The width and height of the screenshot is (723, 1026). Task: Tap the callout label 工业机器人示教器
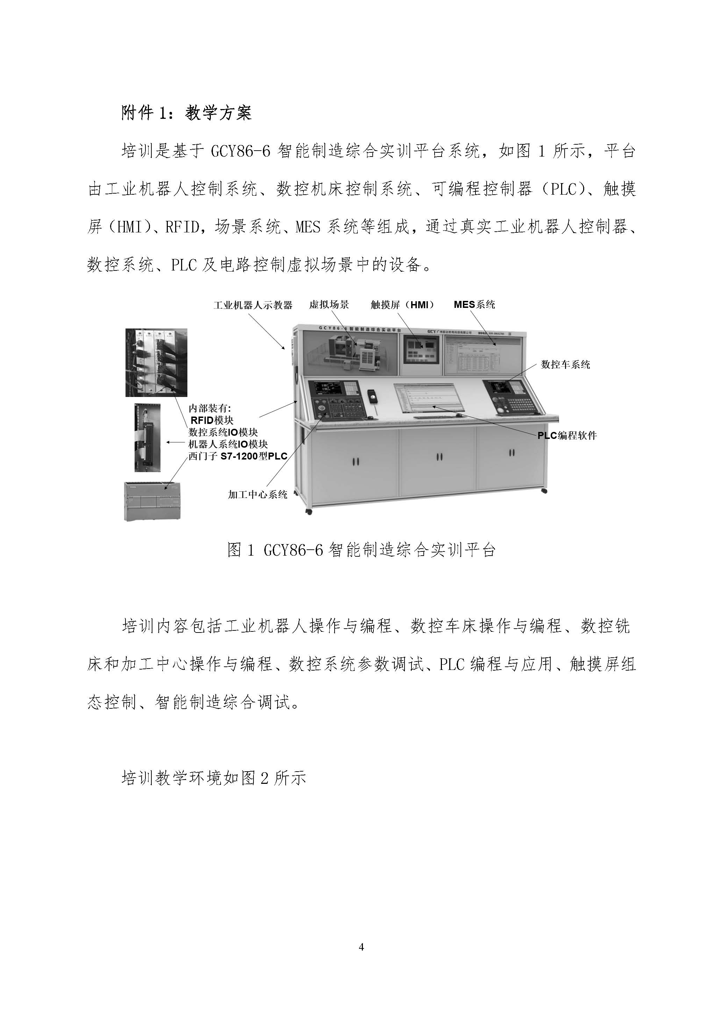253,305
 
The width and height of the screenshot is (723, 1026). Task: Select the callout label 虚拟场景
329,305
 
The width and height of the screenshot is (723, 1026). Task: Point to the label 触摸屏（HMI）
402,305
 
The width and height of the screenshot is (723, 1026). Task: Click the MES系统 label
474,305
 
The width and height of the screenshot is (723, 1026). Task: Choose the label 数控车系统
565,364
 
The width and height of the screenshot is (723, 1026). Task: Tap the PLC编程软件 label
567,436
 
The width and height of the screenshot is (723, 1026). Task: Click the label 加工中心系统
258,495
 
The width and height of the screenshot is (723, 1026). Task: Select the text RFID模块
212,420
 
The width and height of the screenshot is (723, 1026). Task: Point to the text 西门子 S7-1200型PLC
237,456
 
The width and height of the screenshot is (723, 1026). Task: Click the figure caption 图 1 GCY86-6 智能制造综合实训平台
361,550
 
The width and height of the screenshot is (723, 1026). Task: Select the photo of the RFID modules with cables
156,362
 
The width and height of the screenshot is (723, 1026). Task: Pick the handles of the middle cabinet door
439,457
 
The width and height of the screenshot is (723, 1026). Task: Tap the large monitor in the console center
428,397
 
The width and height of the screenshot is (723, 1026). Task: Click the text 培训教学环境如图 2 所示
214,778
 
